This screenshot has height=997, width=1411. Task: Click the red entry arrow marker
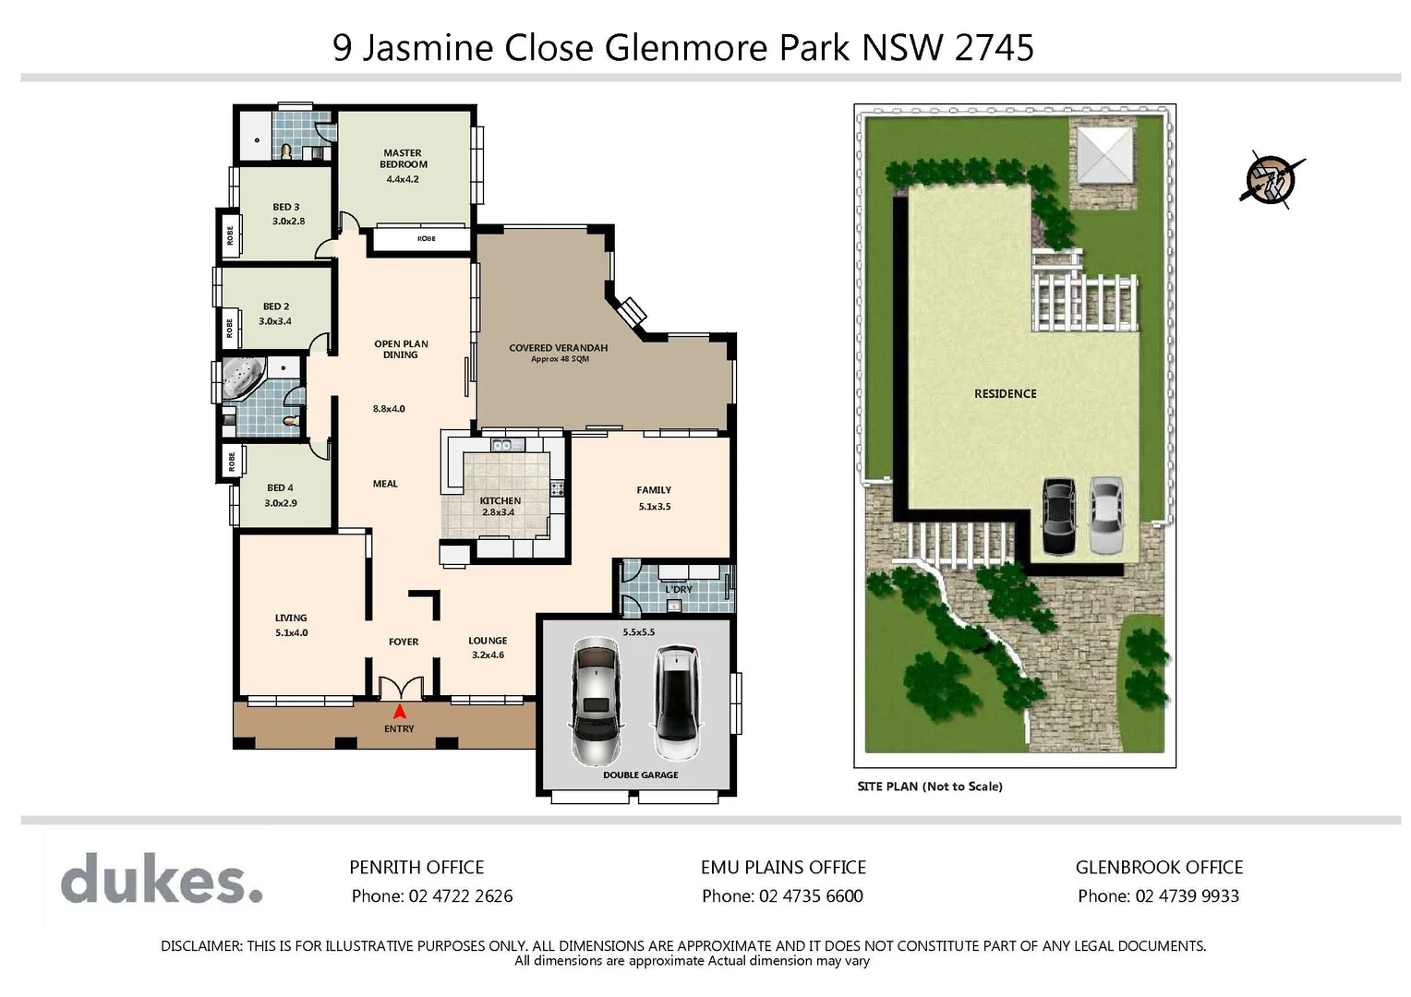(x=400, y=712)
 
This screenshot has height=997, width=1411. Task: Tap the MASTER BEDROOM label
(x=404, y=159)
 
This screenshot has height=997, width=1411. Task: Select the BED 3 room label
(x=286, y=207)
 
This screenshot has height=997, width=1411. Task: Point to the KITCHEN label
(x=500, y=500)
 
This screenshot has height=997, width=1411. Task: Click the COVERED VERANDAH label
(x=559, y=348)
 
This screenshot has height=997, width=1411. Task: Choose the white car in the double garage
(x=678, y=701)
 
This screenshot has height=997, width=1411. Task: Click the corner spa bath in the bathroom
(x=242, y=379)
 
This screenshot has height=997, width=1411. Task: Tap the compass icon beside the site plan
(x=1272, y=179)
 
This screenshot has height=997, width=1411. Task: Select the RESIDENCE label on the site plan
(x=1005, y=393)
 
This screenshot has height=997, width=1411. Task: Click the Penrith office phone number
(x=432, y=895)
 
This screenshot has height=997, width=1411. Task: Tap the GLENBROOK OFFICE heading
(x=1159, y=867)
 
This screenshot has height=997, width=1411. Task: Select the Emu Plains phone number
(x=782, y=895)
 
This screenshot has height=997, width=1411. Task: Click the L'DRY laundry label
(x=679, y=589)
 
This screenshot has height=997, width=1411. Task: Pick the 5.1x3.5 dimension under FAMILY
(x=654, y=506)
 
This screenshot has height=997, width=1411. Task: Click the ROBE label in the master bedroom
(x=426, y=238)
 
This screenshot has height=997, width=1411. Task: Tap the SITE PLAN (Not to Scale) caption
(x=930, y=787)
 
